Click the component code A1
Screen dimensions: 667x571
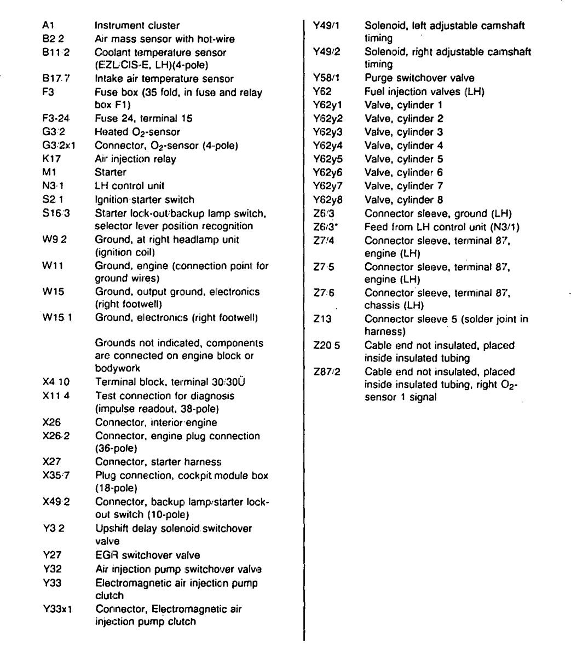[x=48, y=25]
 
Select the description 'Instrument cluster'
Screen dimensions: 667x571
[x=137, y=25]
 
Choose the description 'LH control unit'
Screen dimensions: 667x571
[x=129, y=186]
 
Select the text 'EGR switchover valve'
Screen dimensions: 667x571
[x=147, y=555]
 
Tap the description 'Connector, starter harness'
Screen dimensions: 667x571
[x=158, y=462]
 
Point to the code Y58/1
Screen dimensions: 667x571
[x=326, y=78]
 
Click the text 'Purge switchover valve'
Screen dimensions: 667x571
[x=419, y=78]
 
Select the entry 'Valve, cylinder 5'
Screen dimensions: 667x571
[x=403, y=159]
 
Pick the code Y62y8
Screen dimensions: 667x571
[x=328, y=200]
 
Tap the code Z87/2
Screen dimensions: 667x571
[x=327, y=372]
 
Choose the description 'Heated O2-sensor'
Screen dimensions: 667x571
[x=137, y=132]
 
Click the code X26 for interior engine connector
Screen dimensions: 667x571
[x=51, y=422]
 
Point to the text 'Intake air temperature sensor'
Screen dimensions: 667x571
[x=164, y=79]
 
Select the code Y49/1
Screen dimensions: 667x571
[x=326, y=25]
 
